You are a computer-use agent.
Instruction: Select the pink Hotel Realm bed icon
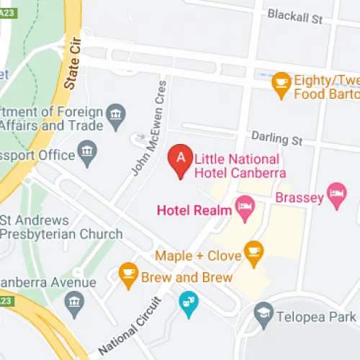click(x=246, y=210)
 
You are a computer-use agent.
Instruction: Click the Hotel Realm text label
click(x=194, y=210)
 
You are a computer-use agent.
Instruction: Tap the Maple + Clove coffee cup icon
click(x=253, y=251)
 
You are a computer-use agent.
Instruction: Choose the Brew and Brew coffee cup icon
click(x=128, y=274)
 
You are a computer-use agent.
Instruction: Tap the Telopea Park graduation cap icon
click(x=264, y=314)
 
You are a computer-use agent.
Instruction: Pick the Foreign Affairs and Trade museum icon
click(x=115, y=113)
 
